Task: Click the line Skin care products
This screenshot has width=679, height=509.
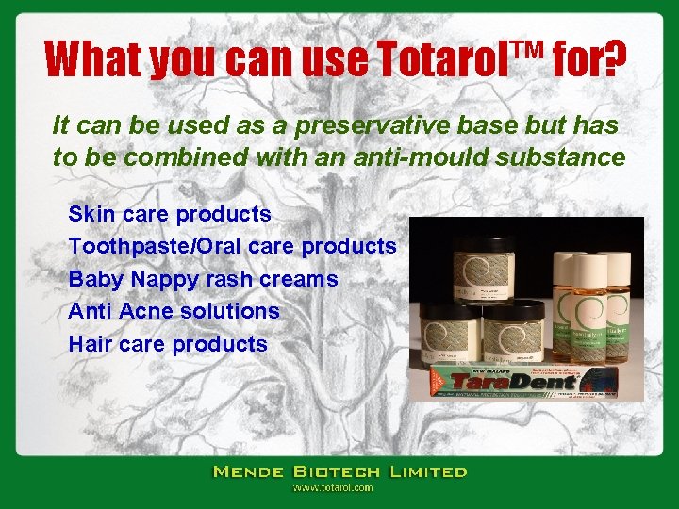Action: [x=170, y=215]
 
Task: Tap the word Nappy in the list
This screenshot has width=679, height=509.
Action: [x=170, y=279]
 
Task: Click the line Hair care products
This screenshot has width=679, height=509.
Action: [x=168, y=344]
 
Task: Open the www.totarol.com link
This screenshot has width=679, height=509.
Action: [x=332, y=488]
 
